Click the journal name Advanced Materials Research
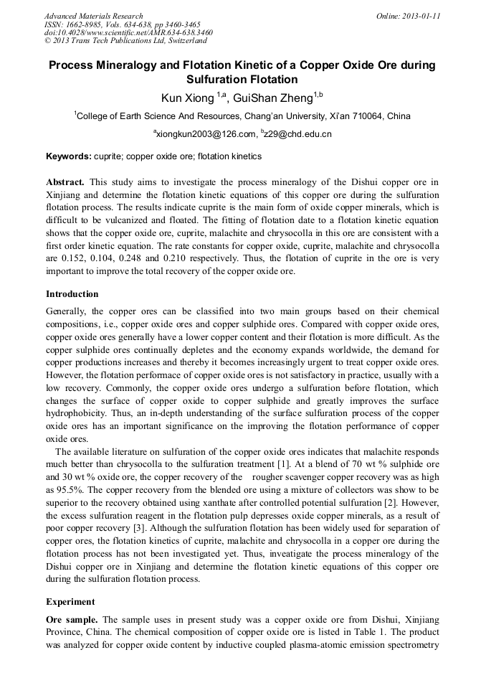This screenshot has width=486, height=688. (x=93, y=16)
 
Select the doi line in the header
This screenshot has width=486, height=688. (x=128, y=32)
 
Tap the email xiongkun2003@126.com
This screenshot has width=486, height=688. (x=206, y=134)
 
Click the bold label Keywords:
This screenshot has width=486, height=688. (x=69, y=156)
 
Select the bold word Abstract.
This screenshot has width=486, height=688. (x=65, y=182)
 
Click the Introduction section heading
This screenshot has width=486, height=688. (x=72, y=294)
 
